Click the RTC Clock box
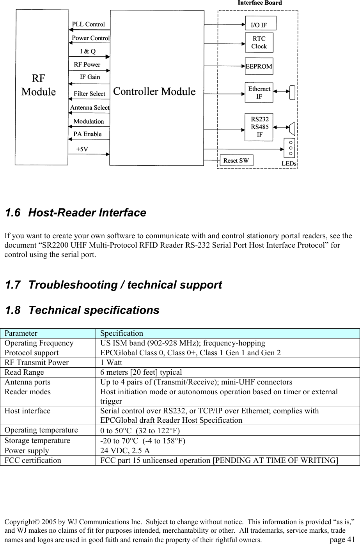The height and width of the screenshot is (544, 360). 259,43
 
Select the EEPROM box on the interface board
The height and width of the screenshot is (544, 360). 259,66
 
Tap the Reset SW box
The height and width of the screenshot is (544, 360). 236,161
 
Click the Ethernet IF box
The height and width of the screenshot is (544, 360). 259,92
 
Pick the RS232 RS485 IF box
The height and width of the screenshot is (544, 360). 259,127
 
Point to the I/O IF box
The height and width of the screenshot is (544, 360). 260,23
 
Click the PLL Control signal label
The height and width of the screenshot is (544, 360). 89,24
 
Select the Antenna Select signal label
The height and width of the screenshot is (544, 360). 90,107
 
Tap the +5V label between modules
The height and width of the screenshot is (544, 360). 82,149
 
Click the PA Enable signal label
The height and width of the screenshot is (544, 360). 87,134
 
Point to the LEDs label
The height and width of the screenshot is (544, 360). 289,164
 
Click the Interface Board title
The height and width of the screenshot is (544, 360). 260,3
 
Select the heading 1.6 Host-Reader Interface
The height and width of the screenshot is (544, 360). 75,213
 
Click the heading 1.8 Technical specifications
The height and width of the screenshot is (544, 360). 82,310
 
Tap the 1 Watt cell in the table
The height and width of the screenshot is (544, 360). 112,363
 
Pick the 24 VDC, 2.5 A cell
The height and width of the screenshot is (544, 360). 125,451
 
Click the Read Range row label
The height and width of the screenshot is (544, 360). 25,372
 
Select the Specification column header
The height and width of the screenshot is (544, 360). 122,333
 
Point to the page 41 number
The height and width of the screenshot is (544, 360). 342,540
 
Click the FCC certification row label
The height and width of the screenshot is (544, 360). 33,461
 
